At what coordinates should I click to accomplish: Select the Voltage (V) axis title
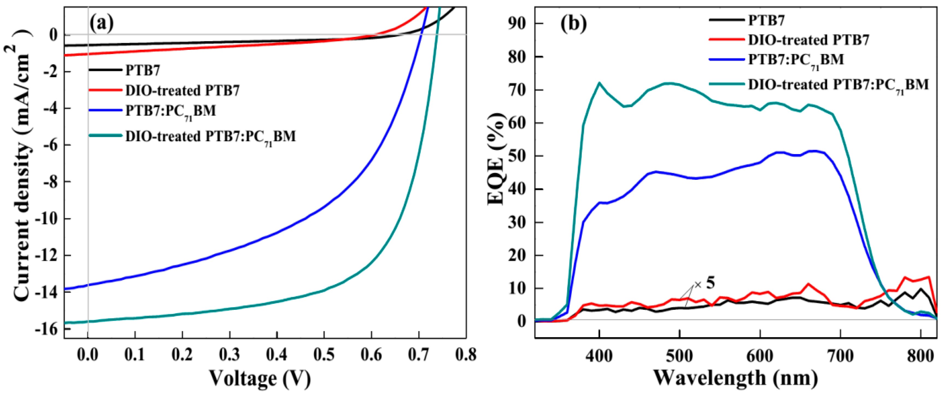tap(260, 378)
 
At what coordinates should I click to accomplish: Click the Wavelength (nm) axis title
tap(736, 378)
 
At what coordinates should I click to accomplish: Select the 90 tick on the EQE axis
tap(517, 23)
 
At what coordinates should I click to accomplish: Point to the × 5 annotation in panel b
tap(705, 283)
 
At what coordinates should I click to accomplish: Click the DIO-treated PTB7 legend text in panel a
tap(182, 90)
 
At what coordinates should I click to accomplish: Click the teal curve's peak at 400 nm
tap(599, 83)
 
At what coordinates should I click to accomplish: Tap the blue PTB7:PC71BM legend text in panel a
tap(170, 110)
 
